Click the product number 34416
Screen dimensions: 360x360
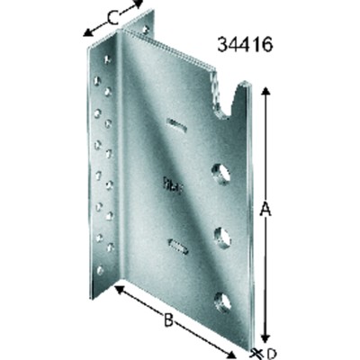coord(245,45)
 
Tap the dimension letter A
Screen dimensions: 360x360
coord(265,209)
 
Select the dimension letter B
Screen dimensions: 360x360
coord(168,319)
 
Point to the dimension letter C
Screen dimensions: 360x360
coord(112,19)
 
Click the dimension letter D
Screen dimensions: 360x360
coord(271,354)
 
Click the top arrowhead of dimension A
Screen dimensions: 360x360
coord(265,91)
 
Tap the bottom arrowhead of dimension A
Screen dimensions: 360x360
coord(265,338)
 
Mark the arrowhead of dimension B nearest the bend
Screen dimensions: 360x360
coord(120,290)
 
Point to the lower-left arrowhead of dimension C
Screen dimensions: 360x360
coord(87,33)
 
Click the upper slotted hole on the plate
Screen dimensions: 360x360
coord(176,125)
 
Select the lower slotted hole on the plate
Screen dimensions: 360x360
coord(178,246)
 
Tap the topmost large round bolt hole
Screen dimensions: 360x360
coord(220,173)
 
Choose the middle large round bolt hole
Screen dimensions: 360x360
coord(222,237)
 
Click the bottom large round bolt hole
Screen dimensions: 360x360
coord(223,301)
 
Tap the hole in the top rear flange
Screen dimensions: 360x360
coord(146,30)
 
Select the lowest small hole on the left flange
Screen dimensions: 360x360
coord(100,270)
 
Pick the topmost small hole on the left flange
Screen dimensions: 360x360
coord(107,59)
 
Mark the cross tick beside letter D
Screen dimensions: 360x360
coord(256,352)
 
